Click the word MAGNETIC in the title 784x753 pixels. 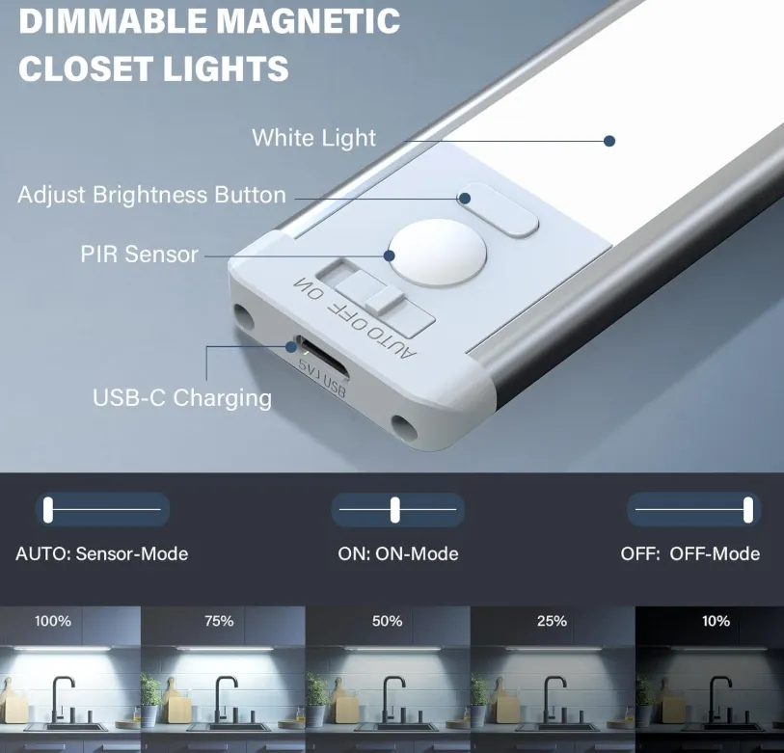(308, 20)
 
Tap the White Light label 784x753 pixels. (313, 138)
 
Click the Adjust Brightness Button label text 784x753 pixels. (151, 195)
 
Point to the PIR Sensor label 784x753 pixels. (140, 254)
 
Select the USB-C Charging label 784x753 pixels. (182, 398)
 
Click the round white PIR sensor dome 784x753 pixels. (438, 253)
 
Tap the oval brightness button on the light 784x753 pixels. (498, 210)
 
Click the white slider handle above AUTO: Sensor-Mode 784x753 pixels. (48, 509)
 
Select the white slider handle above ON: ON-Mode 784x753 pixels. (395, 509)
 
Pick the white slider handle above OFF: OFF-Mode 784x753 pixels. (748, 509)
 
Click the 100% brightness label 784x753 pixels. (52, 621)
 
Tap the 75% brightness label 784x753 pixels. (219, 621)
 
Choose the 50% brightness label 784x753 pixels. (387, 621)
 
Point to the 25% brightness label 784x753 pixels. (552, 621)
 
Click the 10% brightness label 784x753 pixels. (716, 621)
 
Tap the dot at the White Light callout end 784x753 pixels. (609, 141)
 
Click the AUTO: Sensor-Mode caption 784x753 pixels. (102, 554)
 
